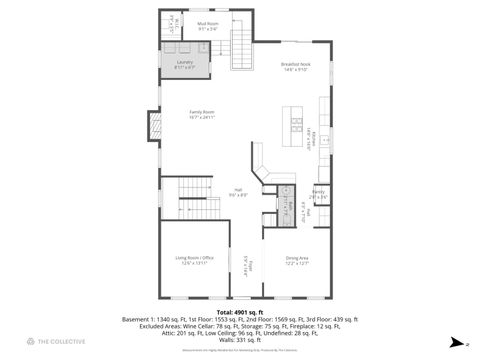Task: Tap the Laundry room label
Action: (185, 62)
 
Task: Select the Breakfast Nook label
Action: (296, 64)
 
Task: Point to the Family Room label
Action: (204, 112)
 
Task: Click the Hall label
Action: (238, 190)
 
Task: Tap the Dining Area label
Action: (297, 258)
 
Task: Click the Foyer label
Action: (251, 266)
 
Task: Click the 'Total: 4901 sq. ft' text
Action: (239, 311)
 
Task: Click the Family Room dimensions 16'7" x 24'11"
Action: (204, 118)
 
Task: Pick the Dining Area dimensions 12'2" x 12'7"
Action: (297, 264)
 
